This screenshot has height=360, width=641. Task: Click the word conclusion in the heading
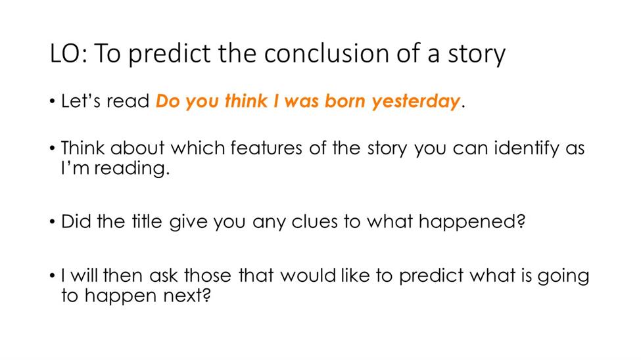[x=327, y=53]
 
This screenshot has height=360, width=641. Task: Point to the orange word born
[x=344, y=101]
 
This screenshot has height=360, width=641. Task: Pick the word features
[x=266, y=148]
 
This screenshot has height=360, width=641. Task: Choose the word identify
[x=527, y=148]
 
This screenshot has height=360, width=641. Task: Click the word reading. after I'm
[x=132, y=169]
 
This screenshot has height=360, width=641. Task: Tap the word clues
[x=314, y=221]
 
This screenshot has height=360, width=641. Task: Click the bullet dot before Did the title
[x=52, y=222]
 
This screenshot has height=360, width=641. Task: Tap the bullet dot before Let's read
[x=52, y=102]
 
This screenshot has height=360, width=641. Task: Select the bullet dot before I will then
[x=52, y=276]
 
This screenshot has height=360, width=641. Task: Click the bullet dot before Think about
[x=52, y=148]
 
